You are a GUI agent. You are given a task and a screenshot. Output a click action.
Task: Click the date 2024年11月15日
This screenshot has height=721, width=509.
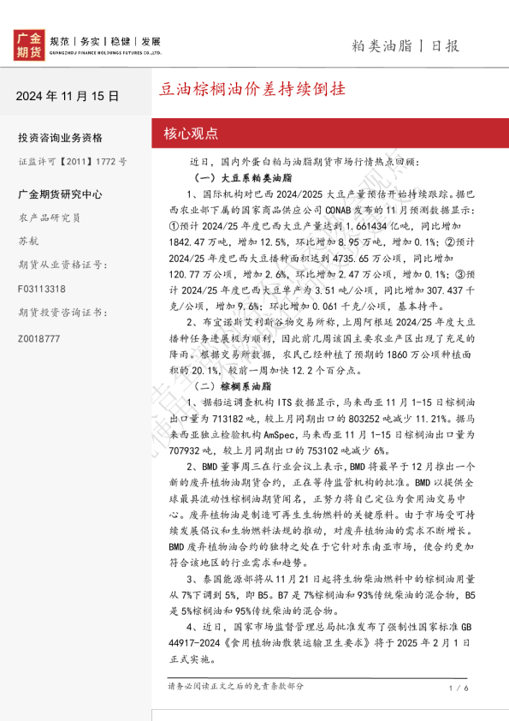click(x=68, y=96)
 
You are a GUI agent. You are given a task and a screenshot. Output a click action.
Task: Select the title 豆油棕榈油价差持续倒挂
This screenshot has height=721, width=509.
click(x=254, y=89)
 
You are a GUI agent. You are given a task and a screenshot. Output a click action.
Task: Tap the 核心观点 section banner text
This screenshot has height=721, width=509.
click(x=191, y=133)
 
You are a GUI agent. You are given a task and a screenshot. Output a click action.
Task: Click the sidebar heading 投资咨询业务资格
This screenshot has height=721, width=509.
click(x=60, y=138)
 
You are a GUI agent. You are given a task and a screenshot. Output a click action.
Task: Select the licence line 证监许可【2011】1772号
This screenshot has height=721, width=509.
click(x=73, y=160)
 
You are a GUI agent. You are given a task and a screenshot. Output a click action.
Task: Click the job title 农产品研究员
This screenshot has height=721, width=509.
click(x=49, y=217)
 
